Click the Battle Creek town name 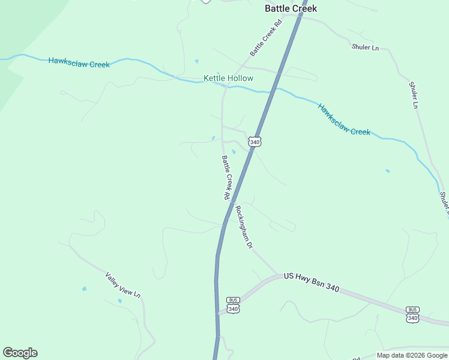click(x=291, y=8)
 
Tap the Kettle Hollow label click(x=228, y=79)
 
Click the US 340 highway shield click(x=255, y=142)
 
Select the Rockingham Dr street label click(x=243, y=227)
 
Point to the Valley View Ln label click(x=122, y=286)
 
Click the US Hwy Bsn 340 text click(x=312, y=282)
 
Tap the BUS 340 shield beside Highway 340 click(x=234, y=305)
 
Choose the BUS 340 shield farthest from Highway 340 click(x=412, y=314)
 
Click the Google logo click(x=20, y=353)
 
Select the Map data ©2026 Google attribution click(x=411, y=355)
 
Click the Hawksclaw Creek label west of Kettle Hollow click(x=79, y=62)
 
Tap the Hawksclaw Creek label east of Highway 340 click(x=344, y=119)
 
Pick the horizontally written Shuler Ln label click(x=366, y=47)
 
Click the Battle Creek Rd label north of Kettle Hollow click(x=266, y=38)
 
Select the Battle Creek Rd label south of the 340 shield click(x=226, y=178)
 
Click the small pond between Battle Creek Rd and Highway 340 click(x=234, y=152)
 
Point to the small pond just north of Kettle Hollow click(x=196, y=61)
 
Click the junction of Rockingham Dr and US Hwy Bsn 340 click(x=278, y=275)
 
